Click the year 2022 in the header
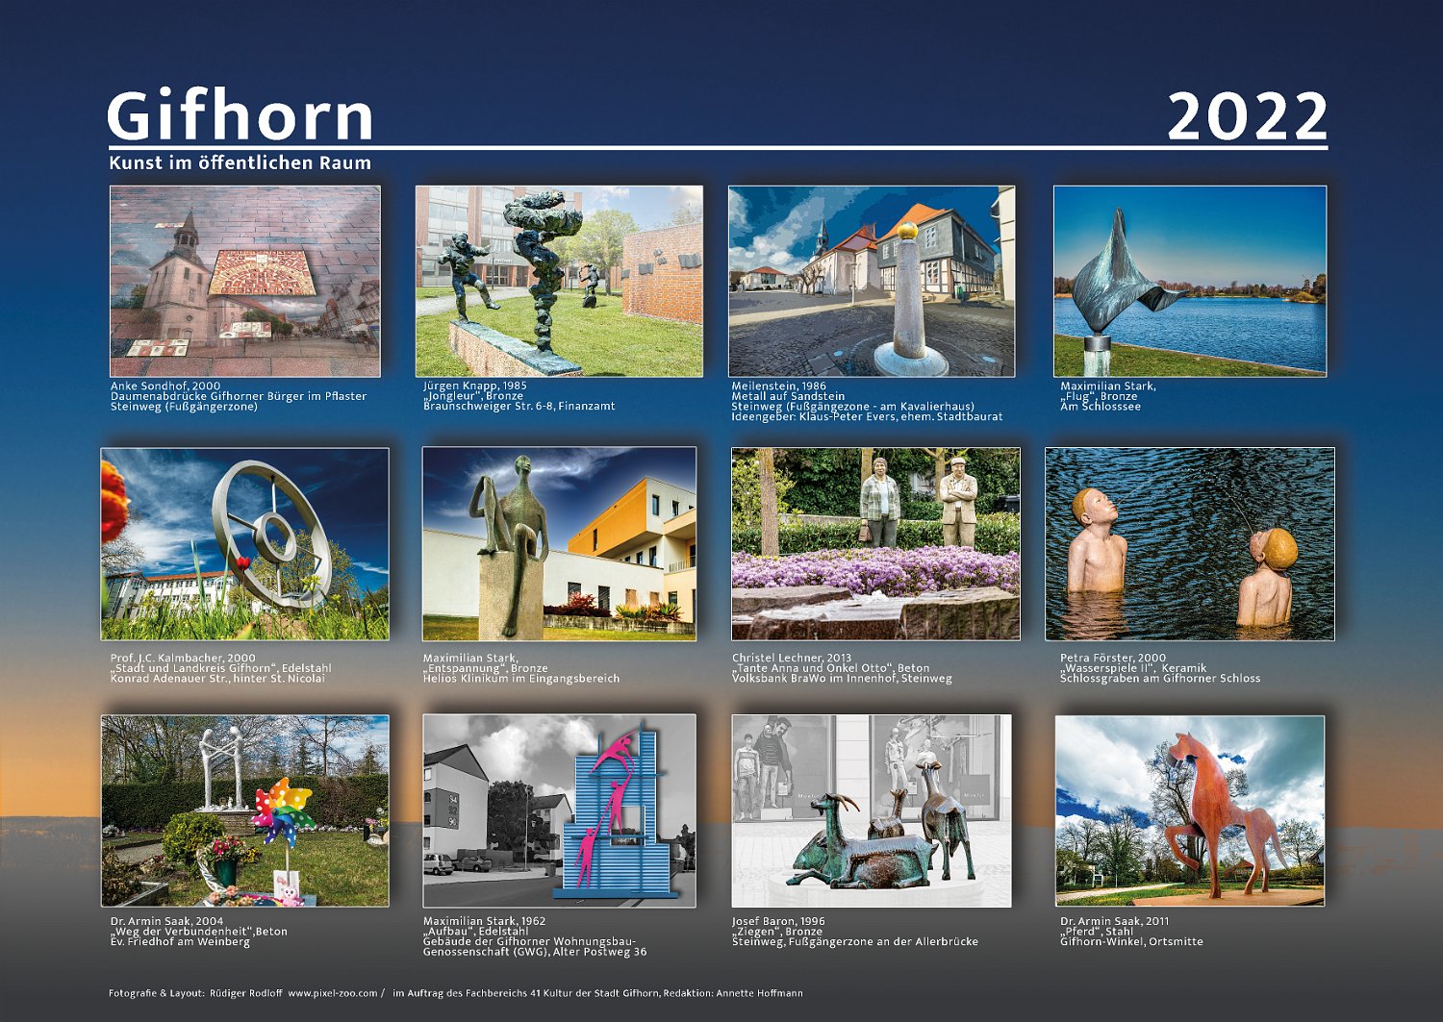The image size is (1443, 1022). (x=1247, y=116)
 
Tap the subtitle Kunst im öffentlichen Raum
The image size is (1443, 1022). (x=240, y=162)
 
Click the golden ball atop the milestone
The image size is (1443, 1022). (x=907, y=231)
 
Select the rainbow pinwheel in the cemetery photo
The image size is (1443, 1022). (x=282, y=811)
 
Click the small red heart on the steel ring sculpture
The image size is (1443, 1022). (x=242, y=563)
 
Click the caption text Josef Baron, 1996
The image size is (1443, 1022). (x=778, y=922)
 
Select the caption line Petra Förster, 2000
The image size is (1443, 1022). (x=1113, y=658)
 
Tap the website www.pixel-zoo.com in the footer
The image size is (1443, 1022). (x=333, y=993)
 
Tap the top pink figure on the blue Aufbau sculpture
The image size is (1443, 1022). (x=617, y=748)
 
